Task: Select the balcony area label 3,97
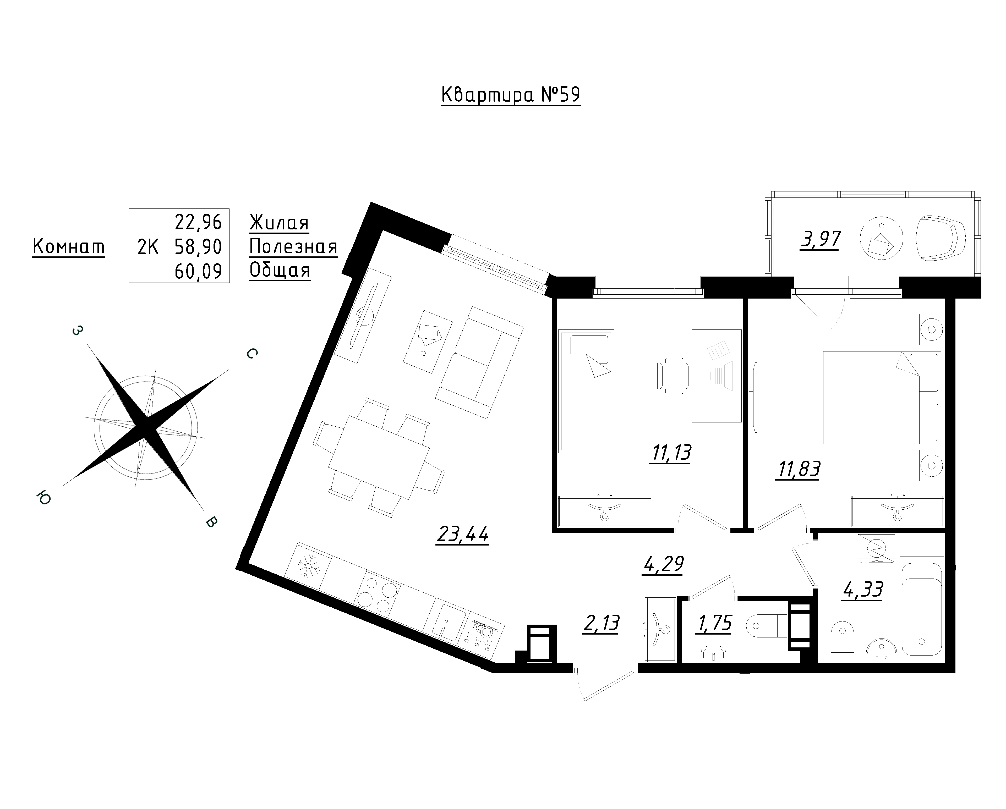coord(820,240)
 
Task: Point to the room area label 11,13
coord(670,453)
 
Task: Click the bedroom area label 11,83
coord(798,469)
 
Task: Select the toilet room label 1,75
coord(714,623)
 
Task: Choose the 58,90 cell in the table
coord(198,246)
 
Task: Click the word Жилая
coord(279,223)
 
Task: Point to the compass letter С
coord(251,354)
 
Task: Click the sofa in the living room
coord(479,362)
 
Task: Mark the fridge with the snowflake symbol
coord(308,567)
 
